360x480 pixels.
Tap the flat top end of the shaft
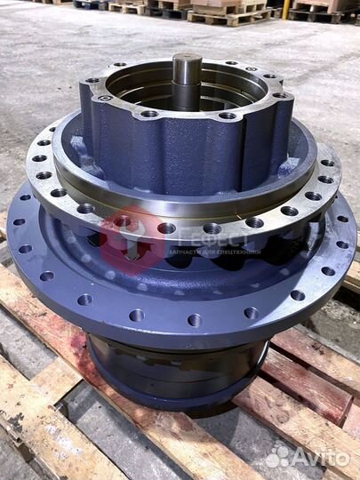[187, 57]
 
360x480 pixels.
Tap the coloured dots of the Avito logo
[278, 456]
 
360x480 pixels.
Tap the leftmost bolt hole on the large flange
[19, 221]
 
